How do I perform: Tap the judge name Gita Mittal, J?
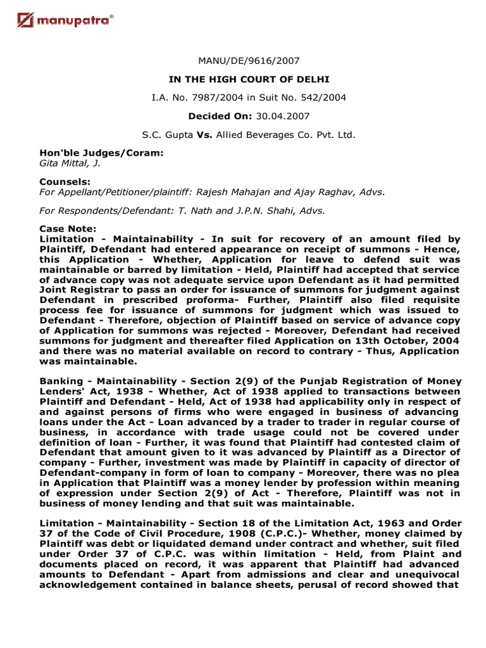(70, 163)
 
